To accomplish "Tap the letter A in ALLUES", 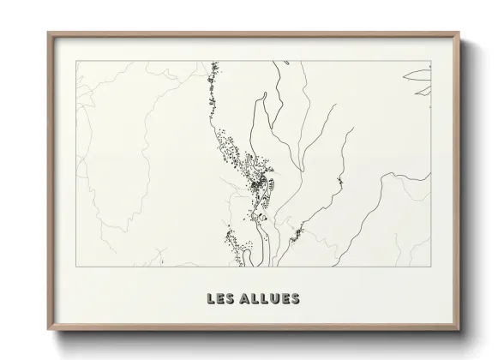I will [x=247, y=299].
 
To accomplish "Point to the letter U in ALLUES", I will [x=273, y=299].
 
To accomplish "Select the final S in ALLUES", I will [x=295, y=299].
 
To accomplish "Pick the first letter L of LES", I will [x=211, y=299].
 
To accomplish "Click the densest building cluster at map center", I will [x=257, y=180].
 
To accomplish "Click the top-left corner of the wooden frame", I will [x=48, y=33].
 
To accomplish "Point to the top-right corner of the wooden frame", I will [x=460, y=33].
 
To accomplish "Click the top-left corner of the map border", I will [x=76, y=62].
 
